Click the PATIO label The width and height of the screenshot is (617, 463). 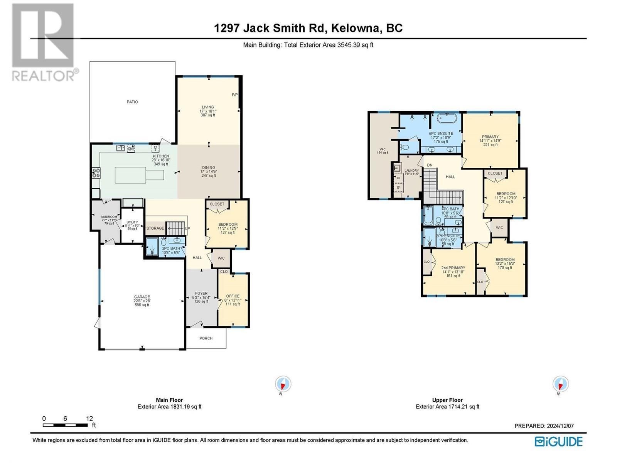132,102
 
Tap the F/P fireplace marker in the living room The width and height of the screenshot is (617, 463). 234,95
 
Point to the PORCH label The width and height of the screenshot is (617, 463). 206,338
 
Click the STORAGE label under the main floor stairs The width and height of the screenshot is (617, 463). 155,228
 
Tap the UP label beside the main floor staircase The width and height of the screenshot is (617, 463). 188,228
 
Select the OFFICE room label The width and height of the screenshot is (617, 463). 233,296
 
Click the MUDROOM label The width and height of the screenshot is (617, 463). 109,217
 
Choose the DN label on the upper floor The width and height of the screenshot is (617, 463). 430,165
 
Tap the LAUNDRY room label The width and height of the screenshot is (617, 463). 411,171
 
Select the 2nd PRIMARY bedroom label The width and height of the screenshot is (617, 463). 453,268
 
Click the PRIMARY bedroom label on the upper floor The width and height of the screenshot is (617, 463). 490,137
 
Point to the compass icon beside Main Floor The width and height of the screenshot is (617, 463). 283,384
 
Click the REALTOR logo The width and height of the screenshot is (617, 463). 43,42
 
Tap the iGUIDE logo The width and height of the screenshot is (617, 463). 559,441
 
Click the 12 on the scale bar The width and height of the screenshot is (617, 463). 89,419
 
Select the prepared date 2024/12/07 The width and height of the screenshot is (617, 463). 560,426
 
